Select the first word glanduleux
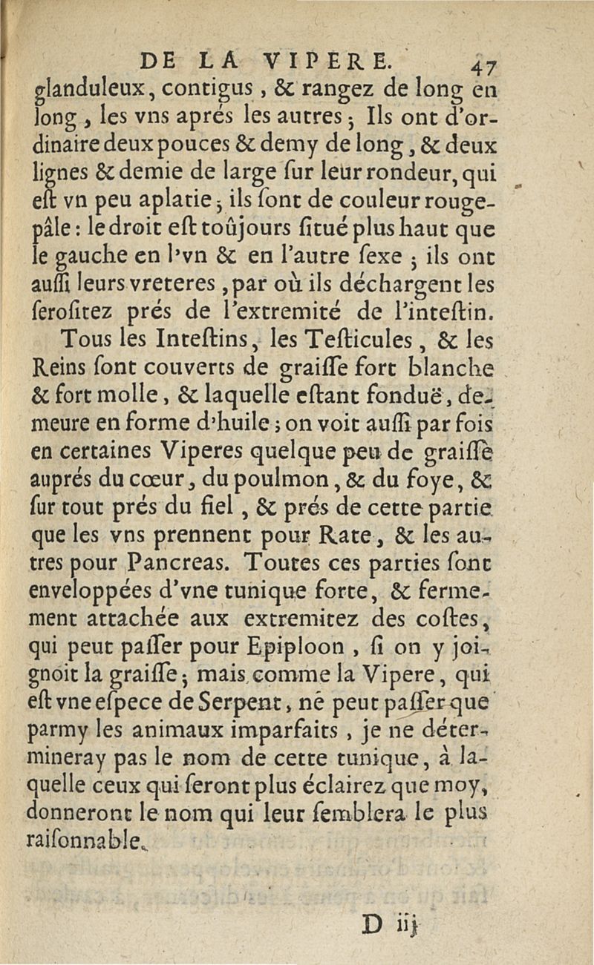(87, 93)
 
